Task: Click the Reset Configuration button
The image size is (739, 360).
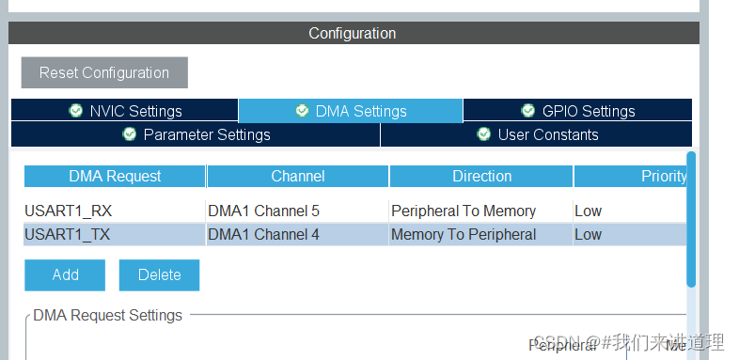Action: click(104, 72)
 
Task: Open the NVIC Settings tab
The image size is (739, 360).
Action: click(125, 111)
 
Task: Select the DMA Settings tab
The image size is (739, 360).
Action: click(351, 111)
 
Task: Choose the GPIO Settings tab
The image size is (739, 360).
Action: click(577, 111)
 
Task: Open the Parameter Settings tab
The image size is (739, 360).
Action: click(196, 134)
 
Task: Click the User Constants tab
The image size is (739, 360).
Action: click(536, 134)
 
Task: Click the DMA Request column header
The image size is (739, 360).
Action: click(115, 176)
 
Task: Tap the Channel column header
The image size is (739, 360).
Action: click(298, 176)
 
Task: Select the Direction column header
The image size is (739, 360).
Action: click(481, 176)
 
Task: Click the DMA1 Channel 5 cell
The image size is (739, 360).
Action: click(263, 211)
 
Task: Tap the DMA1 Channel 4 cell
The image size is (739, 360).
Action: click(263, 234)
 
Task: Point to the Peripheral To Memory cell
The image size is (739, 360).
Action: click(464, 211)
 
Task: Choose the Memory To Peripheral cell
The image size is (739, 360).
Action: click(464, 234)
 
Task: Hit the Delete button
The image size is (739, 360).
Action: click(159, 274)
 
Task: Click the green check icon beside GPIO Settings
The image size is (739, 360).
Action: click(527, 111)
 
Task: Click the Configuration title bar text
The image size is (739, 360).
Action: click(353, 33)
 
